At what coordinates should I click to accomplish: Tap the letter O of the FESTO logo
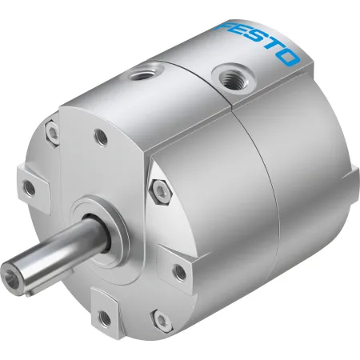click(287, 58)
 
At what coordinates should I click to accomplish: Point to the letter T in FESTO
click(271, 47)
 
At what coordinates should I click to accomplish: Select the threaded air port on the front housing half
click(146, 73)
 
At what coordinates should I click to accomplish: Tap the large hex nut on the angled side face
click(161, 192)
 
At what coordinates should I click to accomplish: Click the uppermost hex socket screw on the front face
click(53, 133)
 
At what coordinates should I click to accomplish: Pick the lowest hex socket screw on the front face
click(162, 321)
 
